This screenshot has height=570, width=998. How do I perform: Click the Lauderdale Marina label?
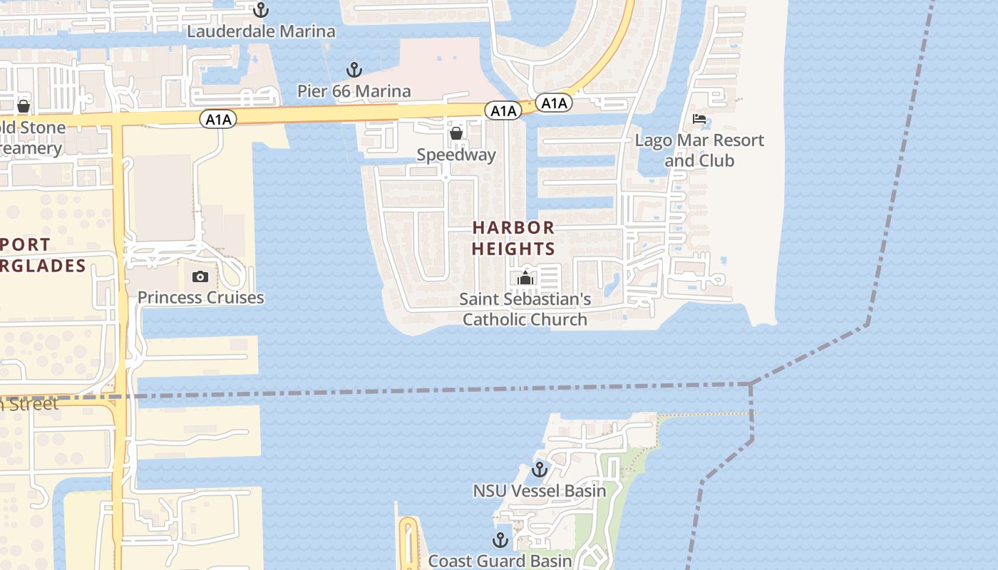tap(261, 31)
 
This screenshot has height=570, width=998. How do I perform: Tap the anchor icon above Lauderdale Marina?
tap(261, 10)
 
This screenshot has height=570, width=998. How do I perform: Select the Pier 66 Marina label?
tap(354, 90)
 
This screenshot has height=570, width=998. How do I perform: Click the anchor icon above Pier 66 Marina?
tap(354, 70)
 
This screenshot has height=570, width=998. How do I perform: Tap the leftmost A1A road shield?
tap(218, 119)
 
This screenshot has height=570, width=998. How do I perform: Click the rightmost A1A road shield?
tap(553, 103)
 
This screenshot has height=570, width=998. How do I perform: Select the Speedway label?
tap(456, 155)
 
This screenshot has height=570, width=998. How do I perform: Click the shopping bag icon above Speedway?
tap(456, 133)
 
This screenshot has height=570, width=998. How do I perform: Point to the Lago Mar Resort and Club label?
tap(699, 150)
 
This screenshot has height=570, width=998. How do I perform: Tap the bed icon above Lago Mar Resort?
tap(699, 119)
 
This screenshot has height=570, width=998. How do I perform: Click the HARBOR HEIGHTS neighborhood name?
tap(513, 238)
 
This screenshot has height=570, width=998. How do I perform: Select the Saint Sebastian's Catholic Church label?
tap(525, 309)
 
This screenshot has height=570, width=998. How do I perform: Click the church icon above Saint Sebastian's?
tap(525, 278)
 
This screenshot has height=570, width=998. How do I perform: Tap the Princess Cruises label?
tap(200, 297)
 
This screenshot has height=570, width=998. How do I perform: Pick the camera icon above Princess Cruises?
tap(200, 276)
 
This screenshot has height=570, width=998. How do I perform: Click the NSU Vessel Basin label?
tap(540, 490)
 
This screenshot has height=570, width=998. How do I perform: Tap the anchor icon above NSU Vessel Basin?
tap(540, 470)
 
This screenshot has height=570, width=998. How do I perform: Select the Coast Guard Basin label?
tap(500, 561)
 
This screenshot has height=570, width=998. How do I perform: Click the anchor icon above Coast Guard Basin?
tap(500, 539)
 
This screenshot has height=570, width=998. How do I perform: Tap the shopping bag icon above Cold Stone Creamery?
tap(24, 107)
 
